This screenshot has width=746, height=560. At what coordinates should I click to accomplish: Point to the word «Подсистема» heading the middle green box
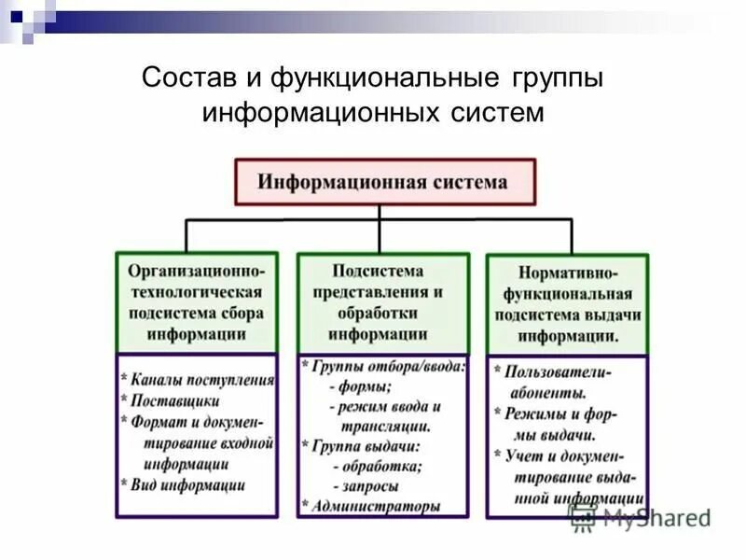377,271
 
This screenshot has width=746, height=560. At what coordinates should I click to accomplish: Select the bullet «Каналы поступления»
202,380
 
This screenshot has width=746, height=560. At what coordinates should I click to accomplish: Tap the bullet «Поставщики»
175,400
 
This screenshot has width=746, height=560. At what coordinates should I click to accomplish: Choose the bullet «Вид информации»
188,484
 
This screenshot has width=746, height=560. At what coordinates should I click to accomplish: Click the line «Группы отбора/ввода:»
387,367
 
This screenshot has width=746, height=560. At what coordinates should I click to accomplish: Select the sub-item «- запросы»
365,487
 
